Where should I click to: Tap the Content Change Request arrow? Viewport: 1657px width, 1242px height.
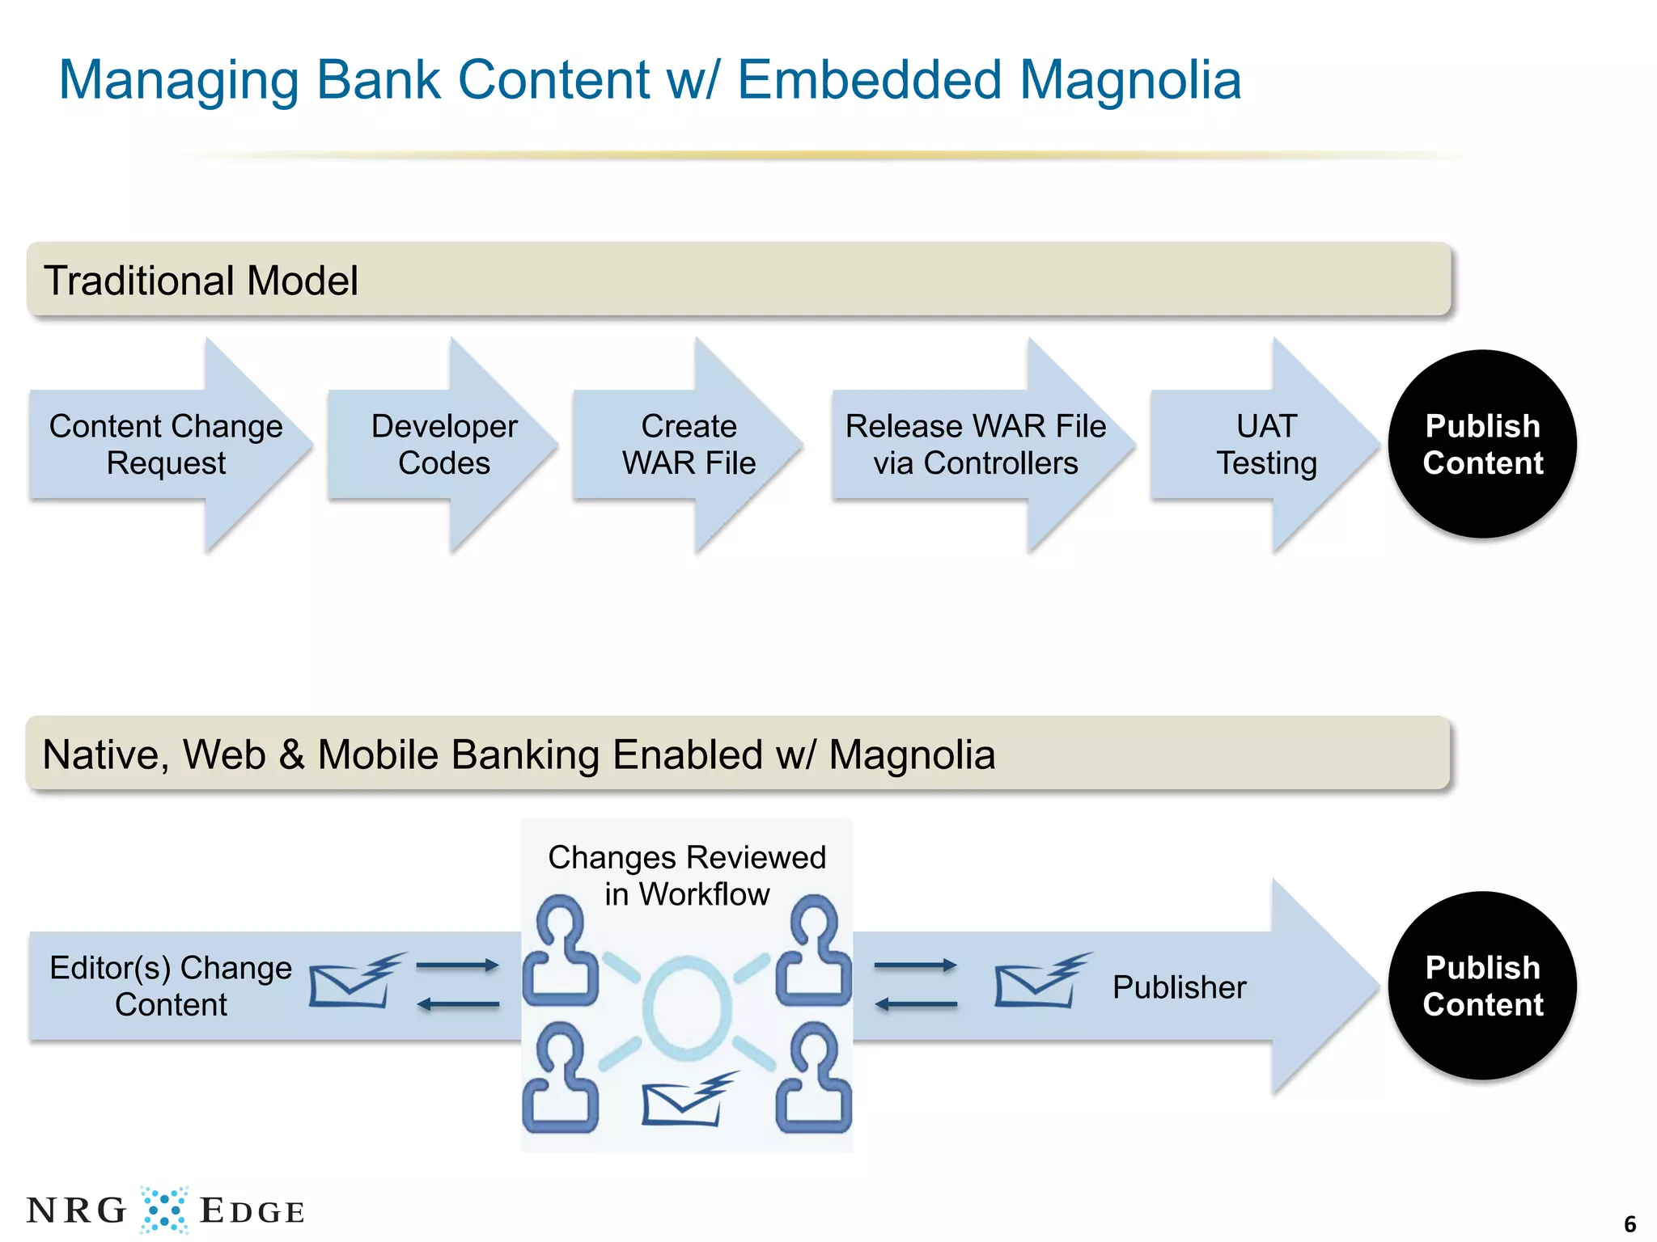coord(166,445)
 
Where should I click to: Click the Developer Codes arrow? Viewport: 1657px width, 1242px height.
coord(443,445)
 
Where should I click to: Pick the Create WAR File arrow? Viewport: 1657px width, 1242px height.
coord(689,445)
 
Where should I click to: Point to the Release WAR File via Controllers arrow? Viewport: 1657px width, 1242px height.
coord(976,445)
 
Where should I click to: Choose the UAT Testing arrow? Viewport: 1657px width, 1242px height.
coord(1266,445)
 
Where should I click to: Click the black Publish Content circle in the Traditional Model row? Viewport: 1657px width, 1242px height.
coord(1482,445)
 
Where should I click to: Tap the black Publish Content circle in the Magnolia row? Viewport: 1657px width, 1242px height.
coord(1482,986)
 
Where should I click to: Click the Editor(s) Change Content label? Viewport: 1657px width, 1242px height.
coord(171,986)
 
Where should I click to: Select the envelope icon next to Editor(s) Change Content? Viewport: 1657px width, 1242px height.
coord(354,982)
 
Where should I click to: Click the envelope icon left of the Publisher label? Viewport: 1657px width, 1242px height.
coord(1040,982)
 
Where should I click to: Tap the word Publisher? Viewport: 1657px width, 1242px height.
coord(1179,987)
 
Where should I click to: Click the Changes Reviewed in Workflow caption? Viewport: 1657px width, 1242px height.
coord(687,876)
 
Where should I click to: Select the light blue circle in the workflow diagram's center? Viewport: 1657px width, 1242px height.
coord(688,1008)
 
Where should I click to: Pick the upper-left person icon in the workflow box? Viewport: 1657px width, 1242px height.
coord(561,951)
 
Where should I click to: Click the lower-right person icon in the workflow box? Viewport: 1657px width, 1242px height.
coord(814,1079)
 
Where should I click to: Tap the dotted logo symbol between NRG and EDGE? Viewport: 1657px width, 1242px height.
coord(164,1210)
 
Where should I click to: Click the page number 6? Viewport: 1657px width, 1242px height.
coord(1629,1223)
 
